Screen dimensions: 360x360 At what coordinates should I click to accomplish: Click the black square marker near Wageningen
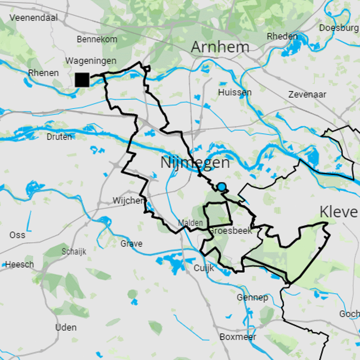pyautogui.click(x=82, y=80)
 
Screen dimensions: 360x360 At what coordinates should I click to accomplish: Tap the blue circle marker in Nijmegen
pyautogui.click(x=221, y=187)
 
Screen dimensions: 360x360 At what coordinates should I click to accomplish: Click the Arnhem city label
pyautogui.click(x=220, y=47)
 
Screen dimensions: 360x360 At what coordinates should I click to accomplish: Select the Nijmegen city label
pyautogui.click(x=195, y=163)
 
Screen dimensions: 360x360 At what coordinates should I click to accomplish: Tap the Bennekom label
pyautogui.click(x=97, y=39)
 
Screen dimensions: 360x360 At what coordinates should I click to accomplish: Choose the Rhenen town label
pyautogui.click(x=43, y=73)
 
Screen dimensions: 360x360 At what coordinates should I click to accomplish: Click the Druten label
pyautogui.click(x=59, y=137)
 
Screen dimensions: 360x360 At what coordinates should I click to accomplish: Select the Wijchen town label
pyautogui.click(x=128, y=201)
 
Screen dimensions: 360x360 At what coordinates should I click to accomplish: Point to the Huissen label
pyautogui.click(x=234, y=93)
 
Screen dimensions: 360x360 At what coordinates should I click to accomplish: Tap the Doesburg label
pyautogui.click(x=339, y=28)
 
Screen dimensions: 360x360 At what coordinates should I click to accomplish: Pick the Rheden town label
pyautogui.click(x=282, y=36)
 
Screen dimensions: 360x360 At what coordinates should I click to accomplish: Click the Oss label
pyautogui.click(x=17, y=235)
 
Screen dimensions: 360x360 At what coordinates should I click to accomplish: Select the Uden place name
pyautogui.click(x=66, y=327)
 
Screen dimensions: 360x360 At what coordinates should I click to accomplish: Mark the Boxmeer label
pyautogui.click(x=238, y=337)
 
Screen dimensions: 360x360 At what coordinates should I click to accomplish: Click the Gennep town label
pyautogui.click(x=252, y=297)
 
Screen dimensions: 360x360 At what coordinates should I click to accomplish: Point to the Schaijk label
pyautogui.click(x=74, y=252)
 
